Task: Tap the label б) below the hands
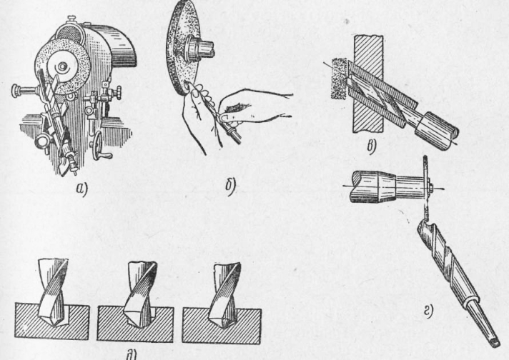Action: click(231, 186)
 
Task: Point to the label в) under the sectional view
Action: click(371, 147)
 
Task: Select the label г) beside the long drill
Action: click(428, 311)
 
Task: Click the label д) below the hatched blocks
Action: click(132, 356)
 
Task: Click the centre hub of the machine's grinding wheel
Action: click(61, 68)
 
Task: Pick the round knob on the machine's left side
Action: click(16, 91)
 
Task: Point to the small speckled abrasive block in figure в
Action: click(339, 79)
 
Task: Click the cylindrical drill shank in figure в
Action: click(437, 131)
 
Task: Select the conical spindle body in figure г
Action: click(372, 187)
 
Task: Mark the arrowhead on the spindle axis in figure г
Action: click(442, 188)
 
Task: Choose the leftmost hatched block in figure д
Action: click(52, 321)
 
